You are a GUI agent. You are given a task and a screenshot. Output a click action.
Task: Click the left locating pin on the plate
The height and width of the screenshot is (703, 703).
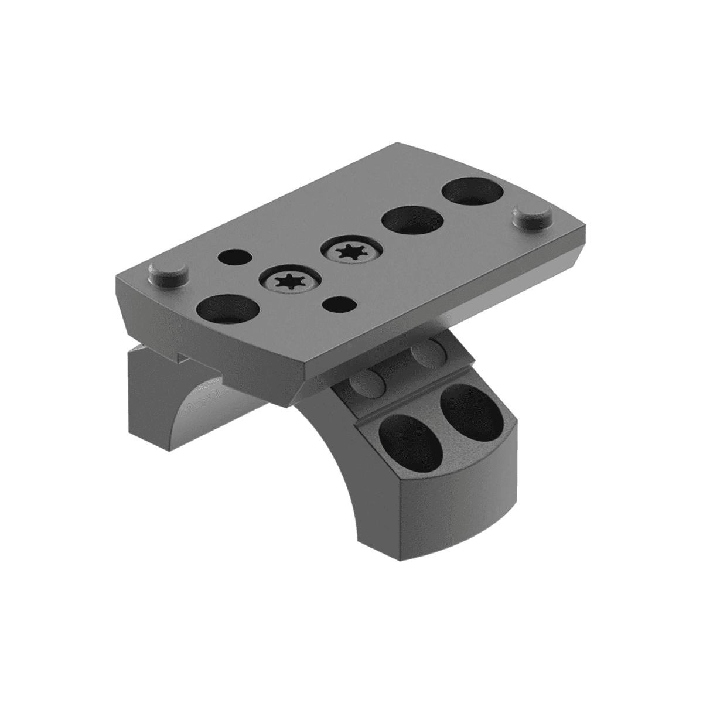tap(168, 275)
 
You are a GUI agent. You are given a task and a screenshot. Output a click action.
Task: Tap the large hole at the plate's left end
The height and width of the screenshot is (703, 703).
tap(228, 309)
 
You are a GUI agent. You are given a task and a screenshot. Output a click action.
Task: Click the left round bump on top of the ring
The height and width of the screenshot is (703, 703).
tap(367, 384)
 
